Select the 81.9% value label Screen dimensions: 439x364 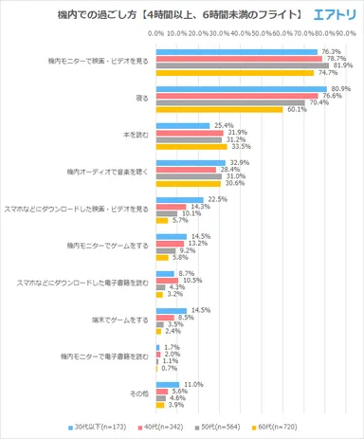[x=339, y=65]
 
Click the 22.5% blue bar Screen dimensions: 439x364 [x=179, y=199]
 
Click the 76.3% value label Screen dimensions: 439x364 [x=331, y=51]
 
